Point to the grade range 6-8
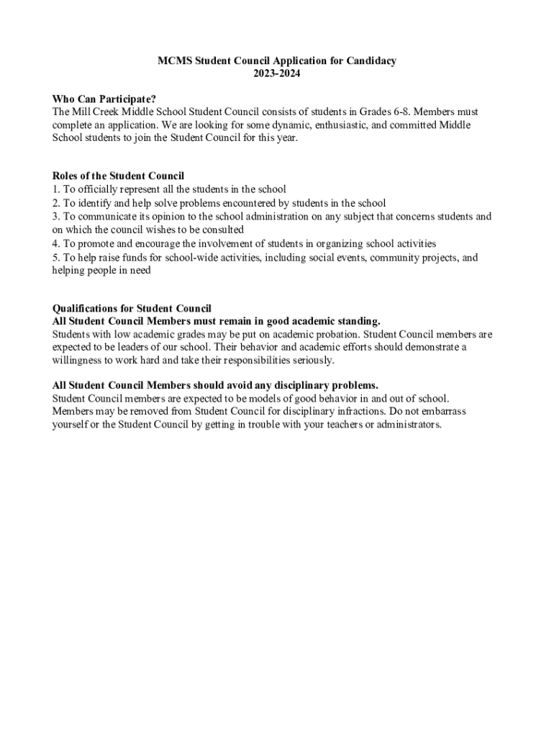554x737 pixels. coord(399,112)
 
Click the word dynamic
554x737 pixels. coord(273,125)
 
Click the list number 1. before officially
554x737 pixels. coord(56,189)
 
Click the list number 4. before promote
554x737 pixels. coord(56,244)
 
